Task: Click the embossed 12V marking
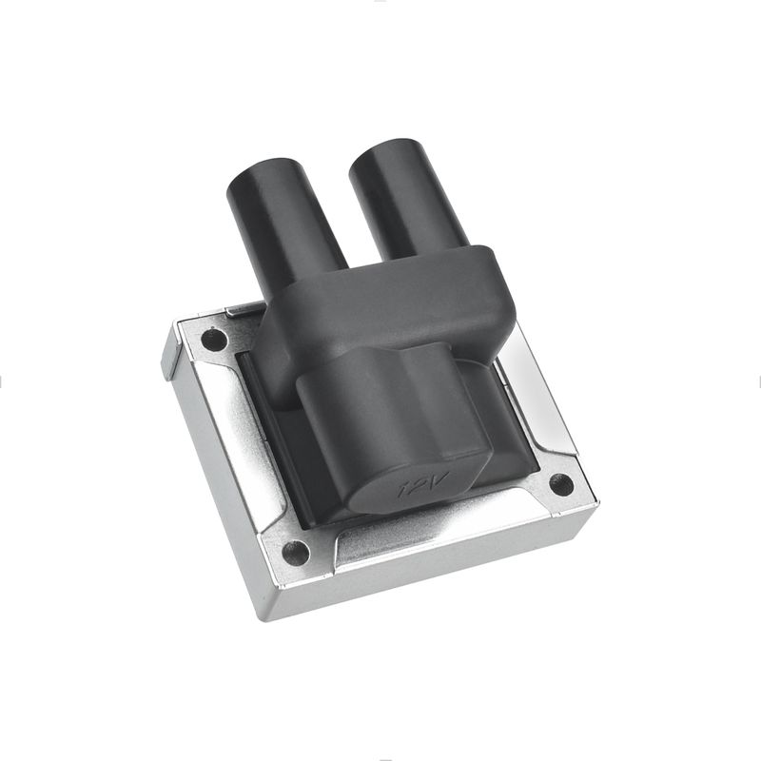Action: tap(422, 484)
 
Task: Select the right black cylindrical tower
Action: tap(407, 199)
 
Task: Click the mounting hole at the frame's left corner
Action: tap(214, 340)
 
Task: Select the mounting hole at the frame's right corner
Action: tap(561, 484)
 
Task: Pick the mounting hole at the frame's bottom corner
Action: tap(296, 553)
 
